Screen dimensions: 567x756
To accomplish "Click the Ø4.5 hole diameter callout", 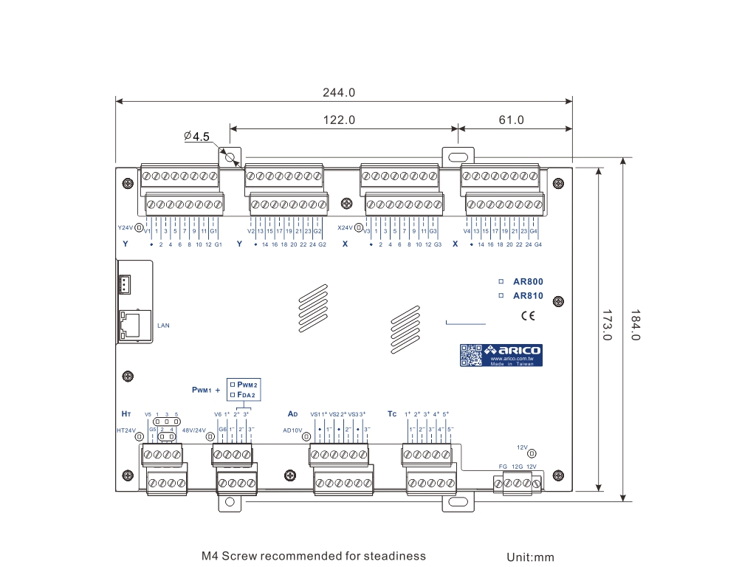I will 197,137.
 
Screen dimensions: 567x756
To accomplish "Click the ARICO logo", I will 515,350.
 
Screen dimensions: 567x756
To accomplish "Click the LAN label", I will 163,324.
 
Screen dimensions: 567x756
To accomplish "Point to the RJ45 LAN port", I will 132,323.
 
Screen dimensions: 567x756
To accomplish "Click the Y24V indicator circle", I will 139,228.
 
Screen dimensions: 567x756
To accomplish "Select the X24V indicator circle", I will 359,228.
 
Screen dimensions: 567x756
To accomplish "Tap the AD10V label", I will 293,430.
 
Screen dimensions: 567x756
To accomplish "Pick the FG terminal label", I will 503,467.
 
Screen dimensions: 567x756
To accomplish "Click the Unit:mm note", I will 530,557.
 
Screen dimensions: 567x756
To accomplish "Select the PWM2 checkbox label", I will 247,385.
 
